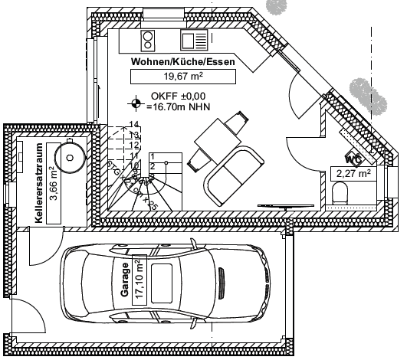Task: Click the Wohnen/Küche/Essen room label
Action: coord(182,61)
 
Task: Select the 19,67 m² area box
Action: coord(182,75)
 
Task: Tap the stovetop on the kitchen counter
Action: coord(148,38)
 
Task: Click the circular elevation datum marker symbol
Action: coord(136,101)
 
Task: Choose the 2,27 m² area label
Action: coord(353,174)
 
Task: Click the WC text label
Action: coord(353,159)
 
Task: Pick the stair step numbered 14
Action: coord(133,124)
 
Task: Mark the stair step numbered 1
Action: coord(153,156)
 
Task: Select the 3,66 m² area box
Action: coord(53,183)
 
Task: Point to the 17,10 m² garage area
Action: coord(139,280)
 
